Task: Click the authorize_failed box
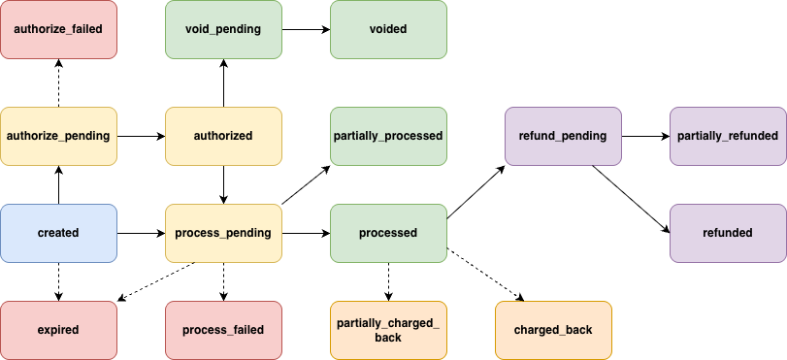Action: point(58,29)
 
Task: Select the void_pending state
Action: point(223,29)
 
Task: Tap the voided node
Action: point(388,29)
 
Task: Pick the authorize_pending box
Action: point(58,136)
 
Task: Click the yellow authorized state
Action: point(223,136)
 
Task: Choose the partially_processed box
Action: point(388,136)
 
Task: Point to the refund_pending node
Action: point(563,136)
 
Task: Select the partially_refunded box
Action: point(728,136)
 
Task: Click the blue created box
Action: point(58,233)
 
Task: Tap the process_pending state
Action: point(223,233)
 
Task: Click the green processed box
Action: point(388,233)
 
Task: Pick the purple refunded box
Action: point(728,233)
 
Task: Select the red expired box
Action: point(58,330)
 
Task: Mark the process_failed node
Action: point(223,330)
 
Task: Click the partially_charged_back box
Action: point(388,330)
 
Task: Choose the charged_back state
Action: point(553,330)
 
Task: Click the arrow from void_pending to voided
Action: point(306,29)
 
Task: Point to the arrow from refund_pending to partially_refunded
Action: point(645,136)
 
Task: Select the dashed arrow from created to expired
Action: point(58,281)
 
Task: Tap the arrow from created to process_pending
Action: point(141,233)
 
